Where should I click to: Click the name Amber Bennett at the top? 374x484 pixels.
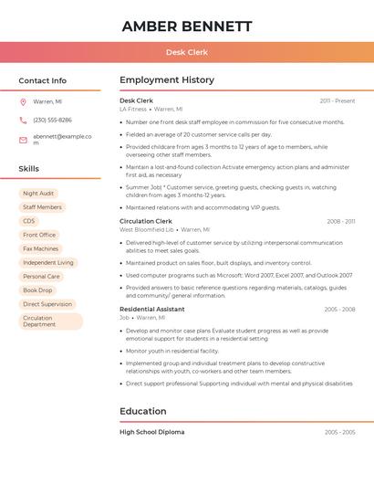pos(187,26)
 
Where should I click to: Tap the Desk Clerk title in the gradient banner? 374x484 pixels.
pos(187,52)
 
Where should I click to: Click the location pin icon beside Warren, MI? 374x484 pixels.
pos(23,101)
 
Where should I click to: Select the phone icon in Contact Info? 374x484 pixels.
pos(23,120)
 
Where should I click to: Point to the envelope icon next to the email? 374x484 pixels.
pos(23,139)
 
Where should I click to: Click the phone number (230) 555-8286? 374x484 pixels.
pos(52,120)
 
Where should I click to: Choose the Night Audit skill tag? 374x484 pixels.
pos(38,194)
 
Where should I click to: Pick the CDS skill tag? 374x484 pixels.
pos(29,221)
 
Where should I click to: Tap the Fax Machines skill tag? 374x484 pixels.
pos(40,248)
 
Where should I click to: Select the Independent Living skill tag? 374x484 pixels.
pos(48,262)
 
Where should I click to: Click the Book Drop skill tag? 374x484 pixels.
pos(37,290)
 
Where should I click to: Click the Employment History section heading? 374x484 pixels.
pos(167,80)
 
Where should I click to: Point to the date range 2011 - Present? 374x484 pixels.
pos(338,100)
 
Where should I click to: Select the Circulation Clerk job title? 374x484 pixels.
pos(146,221)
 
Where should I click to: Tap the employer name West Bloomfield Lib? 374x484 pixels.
pos(146,230)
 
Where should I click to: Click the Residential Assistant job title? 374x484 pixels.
pos(152,310)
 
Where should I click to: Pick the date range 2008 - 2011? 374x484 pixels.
pos(341,221)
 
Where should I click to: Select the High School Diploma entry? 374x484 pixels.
pos(151,432)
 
